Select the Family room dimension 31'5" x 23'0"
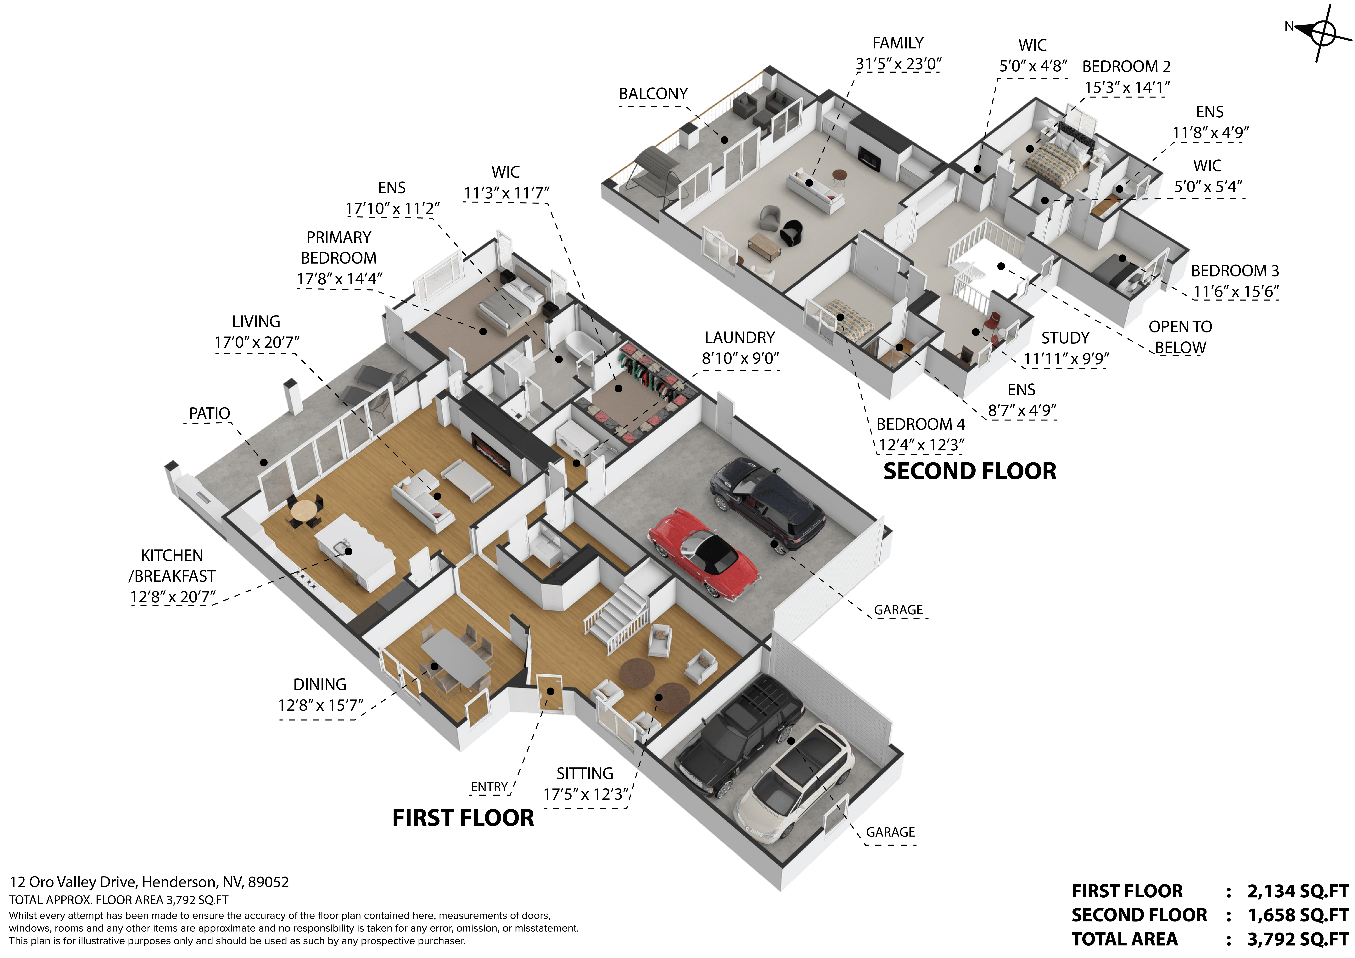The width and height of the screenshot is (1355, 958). click(898, 64)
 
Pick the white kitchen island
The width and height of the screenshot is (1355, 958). click(354, 552)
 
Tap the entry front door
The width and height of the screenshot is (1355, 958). click(549, 693)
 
